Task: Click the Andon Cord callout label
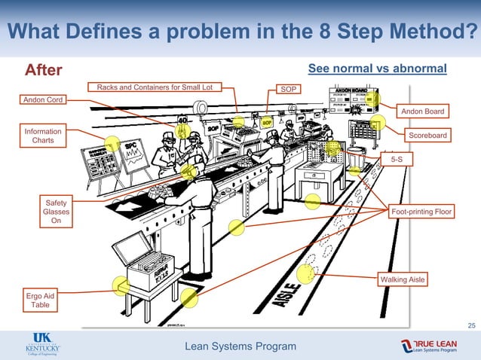(42, 99)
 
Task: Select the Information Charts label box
(42, 136)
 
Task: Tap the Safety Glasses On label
(56, 212)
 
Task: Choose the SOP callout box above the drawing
(288, 89)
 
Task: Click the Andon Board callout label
(422, 111)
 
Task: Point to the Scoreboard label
(427, 136)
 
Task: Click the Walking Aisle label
(403, 279)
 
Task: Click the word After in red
(44, 70)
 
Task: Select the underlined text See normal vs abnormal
(378, 69)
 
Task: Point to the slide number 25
(472, 325)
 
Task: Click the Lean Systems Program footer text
(241, 346)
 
